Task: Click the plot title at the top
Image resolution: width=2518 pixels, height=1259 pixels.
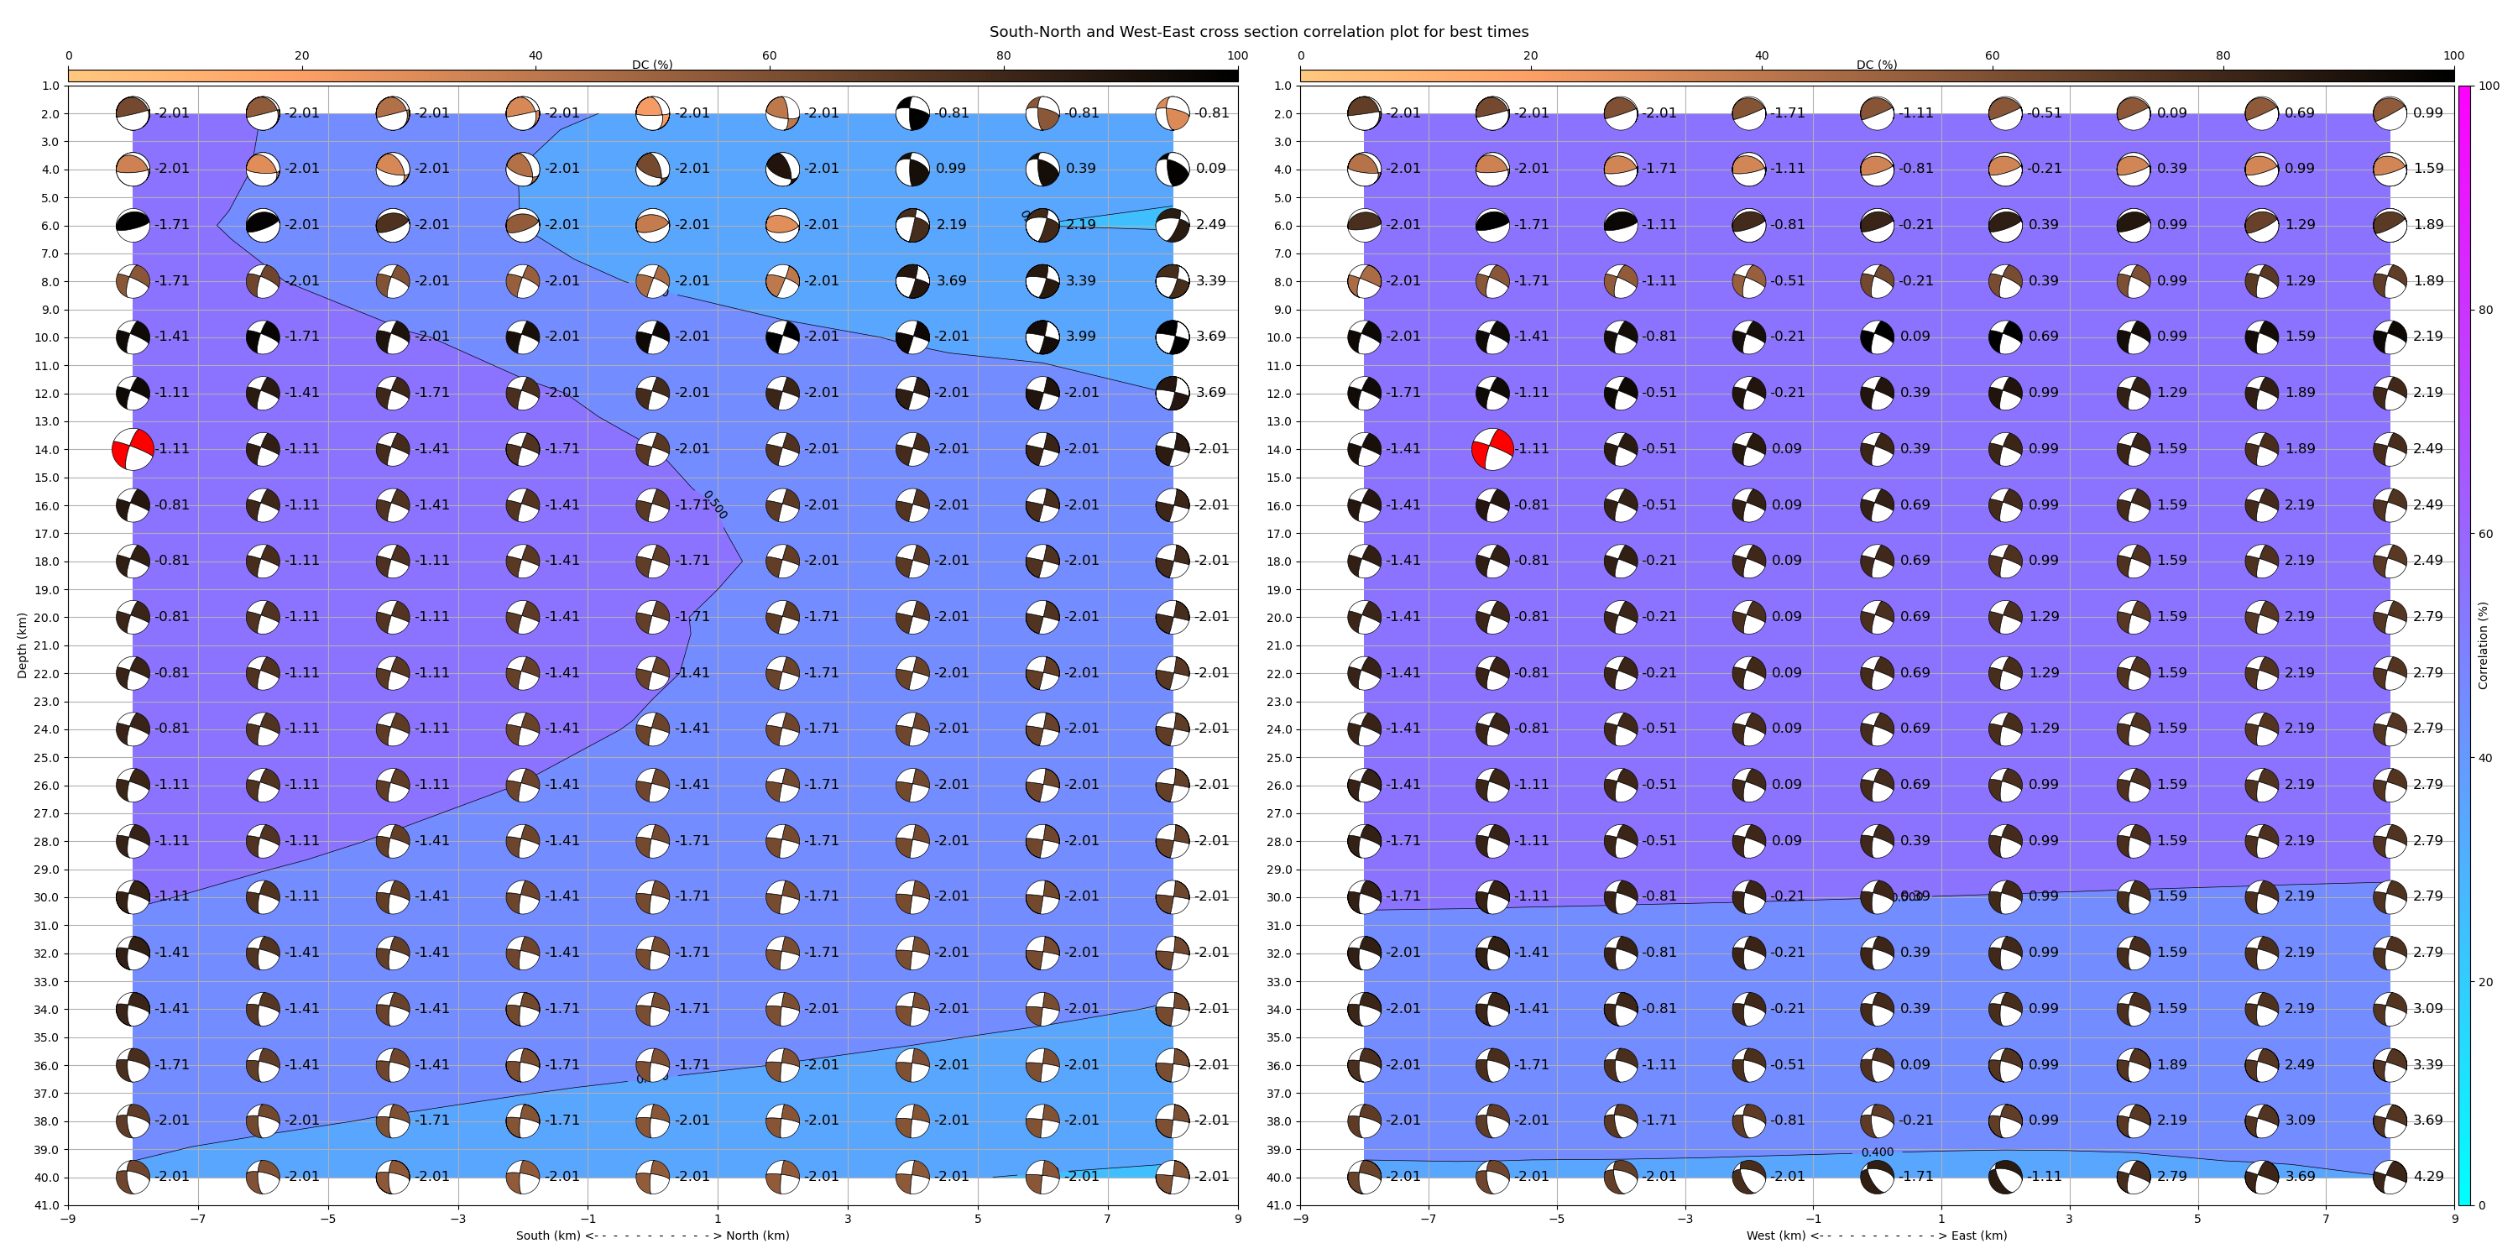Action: point(1258,32)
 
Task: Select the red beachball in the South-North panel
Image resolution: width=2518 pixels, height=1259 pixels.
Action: point(133,450)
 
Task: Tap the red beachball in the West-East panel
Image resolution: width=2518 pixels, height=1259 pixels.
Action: point(1492,450)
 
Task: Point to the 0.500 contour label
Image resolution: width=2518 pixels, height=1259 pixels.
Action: point(714,504)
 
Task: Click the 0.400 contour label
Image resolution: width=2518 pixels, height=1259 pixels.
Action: point(1877,1152)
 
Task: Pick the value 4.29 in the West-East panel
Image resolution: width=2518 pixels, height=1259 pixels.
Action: point(2427,1177)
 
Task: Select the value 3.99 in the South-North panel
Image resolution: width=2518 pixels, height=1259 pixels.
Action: point(1080,337)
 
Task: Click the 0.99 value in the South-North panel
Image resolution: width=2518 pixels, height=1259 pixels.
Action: point(950,168)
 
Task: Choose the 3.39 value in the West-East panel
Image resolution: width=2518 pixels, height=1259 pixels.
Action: point(2427,1064)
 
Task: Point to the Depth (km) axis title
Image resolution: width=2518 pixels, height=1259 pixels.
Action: point(23,645)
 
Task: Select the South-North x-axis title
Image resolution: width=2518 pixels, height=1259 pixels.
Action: point(652,1235)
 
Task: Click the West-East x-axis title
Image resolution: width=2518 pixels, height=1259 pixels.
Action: point(1876,1235)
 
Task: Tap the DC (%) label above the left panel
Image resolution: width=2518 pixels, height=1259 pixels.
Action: point(652,65)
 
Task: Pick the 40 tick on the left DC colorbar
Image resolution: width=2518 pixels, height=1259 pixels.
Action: point(535,55)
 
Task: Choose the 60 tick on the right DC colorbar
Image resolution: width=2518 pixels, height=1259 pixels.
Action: point(1991,55)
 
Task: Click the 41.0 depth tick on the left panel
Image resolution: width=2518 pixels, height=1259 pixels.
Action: point(49,1205)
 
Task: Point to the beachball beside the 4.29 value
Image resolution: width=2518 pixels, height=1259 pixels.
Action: point(2390,1177)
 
